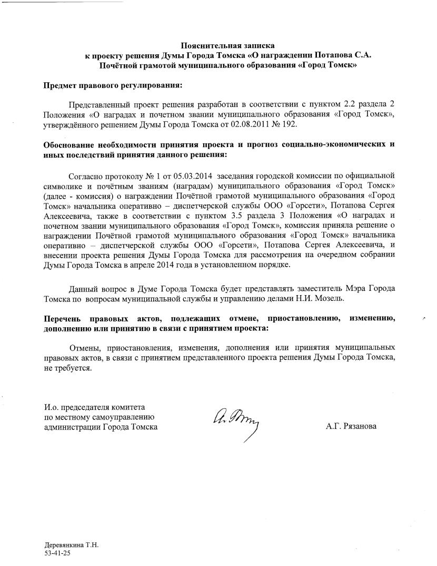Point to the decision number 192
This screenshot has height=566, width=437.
coord(290,124)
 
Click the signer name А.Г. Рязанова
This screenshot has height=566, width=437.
coord(351,426)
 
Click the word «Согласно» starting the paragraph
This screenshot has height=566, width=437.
coord(85,175)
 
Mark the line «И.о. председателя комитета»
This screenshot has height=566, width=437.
coord(94,407)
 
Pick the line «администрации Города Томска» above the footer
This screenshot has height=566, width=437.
coord(101,427)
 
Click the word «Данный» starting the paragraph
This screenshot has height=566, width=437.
coord(83,289)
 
